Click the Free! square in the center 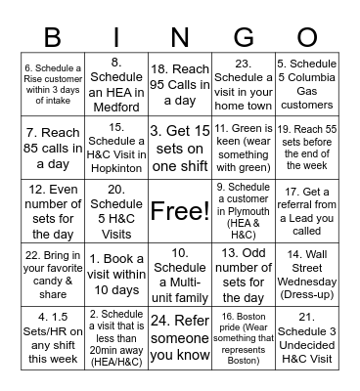point(179,210)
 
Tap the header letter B point(54,35)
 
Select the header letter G point(241,35)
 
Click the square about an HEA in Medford point(116,83)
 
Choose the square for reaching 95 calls point(179,83)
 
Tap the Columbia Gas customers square point(305,83)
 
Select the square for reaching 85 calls point(54,147)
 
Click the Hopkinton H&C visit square point(116,147)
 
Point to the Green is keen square point(242,147)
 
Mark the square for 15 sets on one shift point(179,147)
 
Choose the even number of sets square point(54,210)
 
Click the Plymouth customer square point(242,210)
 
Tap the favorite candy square point(54,274)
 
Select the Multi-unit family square point(179,274)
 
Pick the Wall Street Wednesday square point(305,274)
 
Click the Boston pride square point(242,337)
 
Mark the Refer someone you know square point(179,337)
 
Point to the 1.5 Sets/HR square point(54,337)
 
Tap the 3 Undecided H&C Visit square point(305,337)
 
